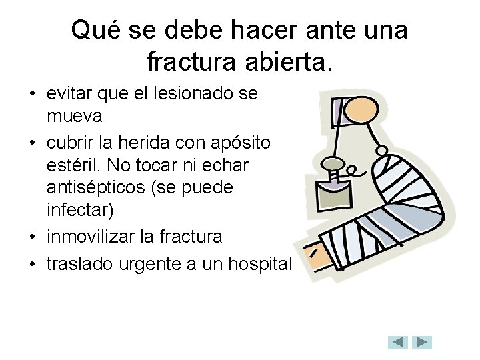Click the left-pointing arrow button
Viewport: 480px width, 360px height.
coord(398,342)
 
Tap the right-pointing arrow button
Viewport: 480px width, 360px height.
coord(422,342)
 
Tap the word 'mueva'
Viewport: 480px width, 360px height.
coord(74,116)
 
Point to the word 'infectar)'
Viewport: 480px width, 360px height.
coord(81,210)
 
